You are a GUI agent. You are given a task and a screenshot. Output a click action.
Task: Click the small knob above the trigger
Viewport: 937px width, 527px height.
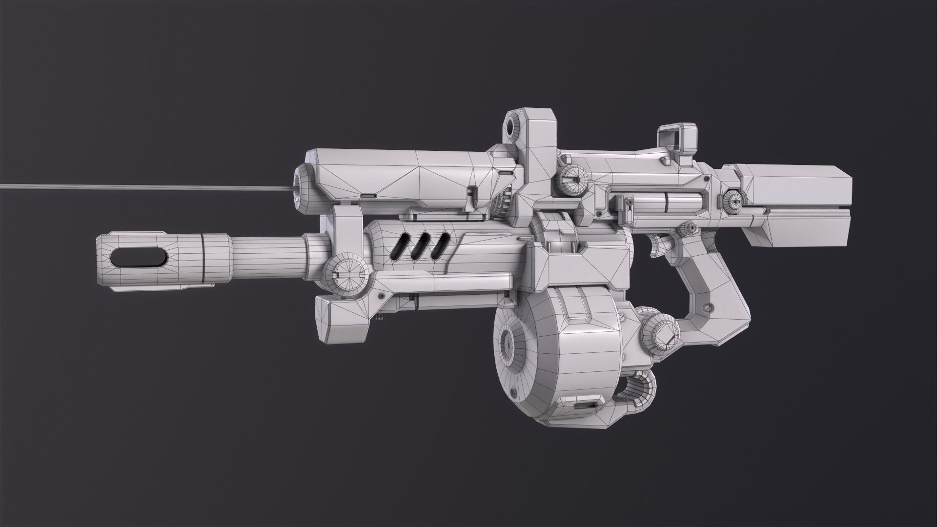tap(689, 227)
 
